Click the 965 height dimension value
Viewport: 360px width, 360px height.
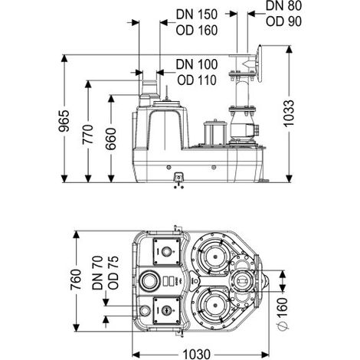point(64,121)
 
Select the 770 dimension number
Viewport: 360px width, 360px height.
point(87,134)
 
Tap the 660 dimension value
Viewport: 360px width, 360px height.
point(111,139)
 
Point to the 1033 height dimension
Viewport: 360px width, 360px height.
point(289,113)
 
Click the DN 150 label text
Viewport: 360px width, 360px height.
point(197,15)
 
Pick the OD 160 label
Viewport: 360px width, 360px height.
point(197,30)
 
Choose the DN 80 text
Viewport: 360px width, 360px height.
point(283,5)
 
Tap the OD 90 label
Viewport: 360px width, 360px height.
point(283,21)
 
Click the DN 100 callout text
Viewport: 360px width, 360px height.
point(197,64)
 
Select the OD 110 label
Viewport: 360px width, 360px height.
point(197,80)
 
